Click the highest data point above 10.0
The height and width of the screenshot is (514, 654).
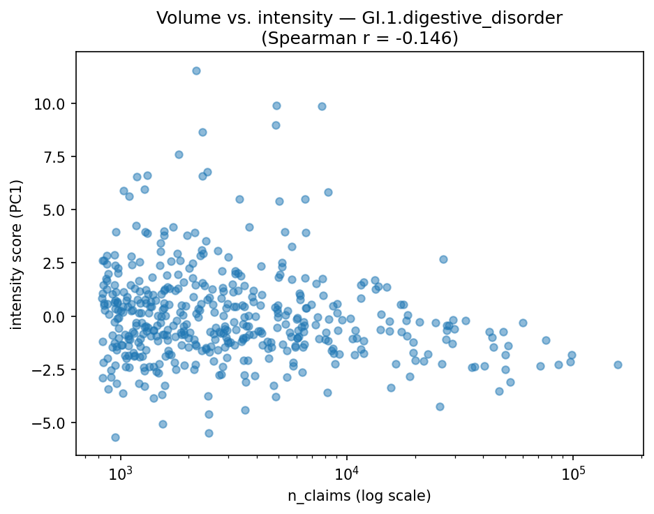point(196,71)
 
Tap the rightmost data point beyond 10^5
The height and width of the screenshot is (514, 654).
point(618,365)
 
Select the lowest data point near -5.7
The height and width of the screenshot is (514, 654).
point(115,437)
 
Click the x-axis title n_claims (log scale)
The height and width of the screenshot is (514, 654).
point(359,496)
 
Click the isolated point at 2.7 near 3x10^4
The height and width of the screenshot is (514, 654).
point(443,259)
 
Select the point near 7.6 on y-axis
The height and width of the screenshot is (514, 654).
point(179,154)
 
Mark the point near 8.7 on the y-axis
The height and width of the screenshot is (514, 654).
point(202,132)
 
